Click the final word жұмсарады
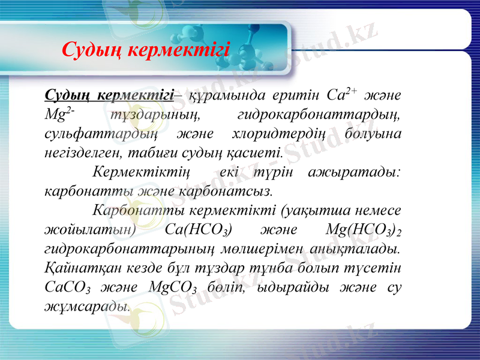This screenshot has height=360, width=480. (87, 305)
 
